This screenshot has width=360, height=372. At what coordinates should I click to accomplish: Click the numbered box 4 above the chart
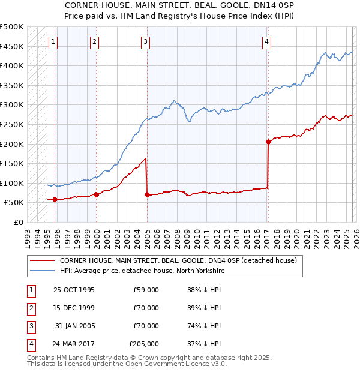pos(266,41)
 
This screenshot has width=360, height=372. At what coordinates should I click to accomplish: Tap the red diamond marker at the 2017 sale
pos(268,142)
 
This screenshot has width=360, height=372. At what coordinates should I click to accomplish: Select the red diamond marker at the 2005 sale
pos(147,194)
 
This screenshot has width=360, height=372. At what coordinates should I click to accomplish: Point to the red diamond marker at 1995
pos(55,199)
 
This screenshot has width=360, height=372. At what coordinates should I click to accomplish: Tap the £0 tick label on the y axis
pos(19,222)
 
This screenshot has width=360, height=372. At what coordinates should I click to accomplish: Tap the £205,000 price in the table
pos(144,344)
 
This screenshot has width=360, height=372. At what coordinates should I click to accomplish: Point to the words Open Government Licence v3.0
pos(181,364)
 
